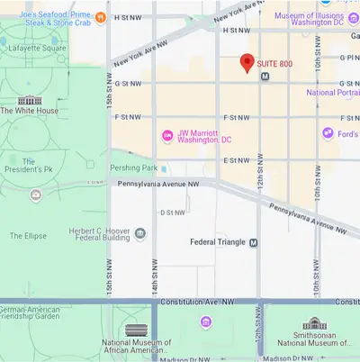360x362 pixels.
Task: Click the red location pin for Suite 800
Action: click(x=247, y=63)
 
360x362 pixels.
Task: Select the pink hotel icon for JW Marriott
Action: click(x=166, y=136)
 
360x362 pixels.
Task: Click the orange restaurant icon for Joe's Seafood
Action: click(x=101, y=16)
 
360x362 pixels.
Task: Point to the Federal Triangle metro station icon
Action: click(x=254, y=242)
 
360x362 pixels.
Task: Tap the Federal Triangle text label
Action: click(x=218, y=242)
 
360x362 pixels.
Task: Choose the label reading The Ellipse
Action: click(x=28, y=236)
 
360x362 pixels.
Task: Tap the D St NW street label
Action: click(x=172, y=213)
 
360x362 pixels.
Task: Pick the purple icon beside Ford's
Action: click(x=330, y=133)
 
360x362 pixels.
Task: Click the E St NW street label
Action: click(x=236, y=160)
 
